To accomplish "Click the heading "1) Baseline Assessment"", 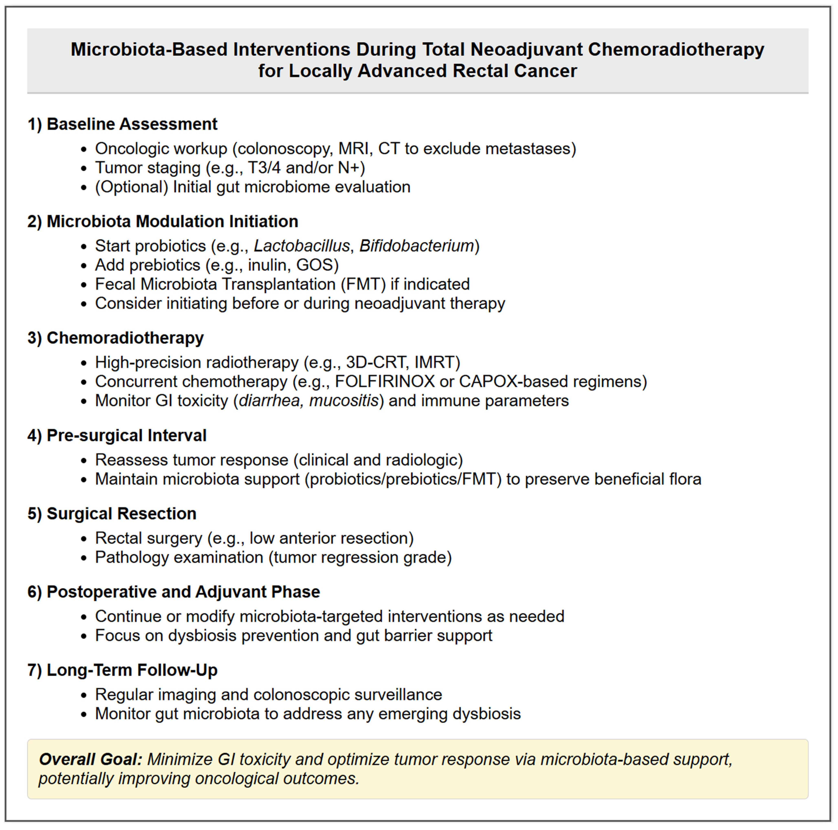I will tap(122, 124).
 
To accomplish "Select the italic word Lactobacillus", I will tap(302, 246).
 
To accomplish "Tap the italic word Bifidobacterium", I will tap(416, 246).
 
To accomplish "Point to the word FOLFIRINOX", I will tap(385, 382).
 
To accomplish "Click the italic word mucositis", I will tap(344, 401).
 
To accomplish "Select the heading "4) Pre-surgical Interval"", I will tap(117, 435).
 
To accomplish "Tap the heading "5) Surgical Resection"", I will tap(112, 513).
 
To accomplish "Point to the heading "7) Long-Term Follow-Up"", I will tap(122, 670).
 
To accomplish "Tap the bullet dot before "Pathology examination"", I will tap(84, 558).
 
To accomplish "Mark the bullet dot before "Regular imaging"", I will tap(84, 695).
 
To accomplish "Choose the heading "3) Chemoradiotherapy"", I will tap(115, 338).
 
